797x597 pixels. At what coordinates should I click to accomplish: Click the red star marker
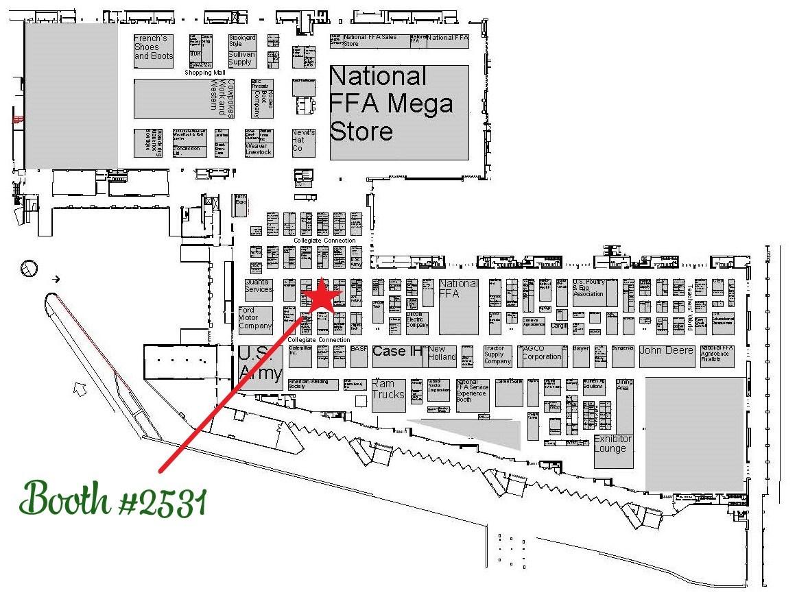pyautogui.click(x=322, y=297)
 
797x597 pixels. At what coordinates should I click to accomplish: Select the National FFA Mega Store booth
pyautogui.click(x=399, y=112)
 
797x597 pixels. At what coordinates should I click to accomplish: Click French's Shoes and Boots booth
pyautogui.click(x=154, y=51)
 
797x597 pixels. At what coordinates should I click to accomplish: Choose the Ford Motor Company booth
pyautogui.click(x=254, y=319)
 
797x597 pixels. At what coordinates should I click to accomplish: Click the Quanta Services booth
pyautogui.click(x=258, y=287)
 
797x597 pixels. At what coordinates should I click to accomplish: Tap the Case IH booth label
pyautogui.click(x=397, y=352)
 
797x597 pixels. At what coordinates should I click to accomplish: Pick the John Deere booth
pyautogui.click(x=666, y=352)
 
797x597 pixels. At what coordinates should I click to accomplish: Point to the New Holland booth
pyautogui.click(x=442, y=354)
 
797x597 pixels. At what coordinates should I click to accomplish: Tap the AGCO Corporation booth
pyautogui.click(x=543, y=354)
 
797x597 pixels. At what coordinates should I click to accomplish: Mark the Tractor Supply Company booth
pyautogui.click(x=497, y=355)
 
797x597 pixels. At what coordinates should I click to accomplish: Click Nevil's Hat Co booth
pyautogui.click(x=303, y=141)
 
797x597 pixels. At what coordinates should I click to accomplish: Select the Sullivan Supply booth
pyautogui.click(x=241, y=58)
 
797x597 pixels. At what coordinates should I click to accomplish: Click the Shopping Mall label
pyautogui.click(x=205, y=73)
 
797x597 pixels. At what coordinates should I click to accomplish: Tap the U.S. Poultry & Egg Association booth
pyautogui.click(x=588, y=293)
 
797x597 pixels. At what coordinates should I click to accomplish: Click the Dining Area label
pyautogui.click(x=624, y=385)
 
